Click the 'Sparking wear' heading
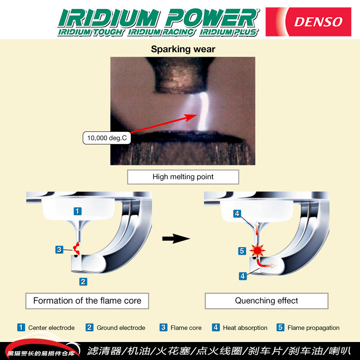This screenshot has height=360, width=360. click(x=183, y=49)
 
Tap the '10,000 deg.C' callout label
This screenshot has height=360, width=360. click(x=107, y=138)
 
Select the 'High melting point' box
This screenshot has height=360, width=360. click(x=183, y=177)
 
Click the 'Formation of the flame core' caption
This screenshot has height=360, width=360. click(x=87, y=301)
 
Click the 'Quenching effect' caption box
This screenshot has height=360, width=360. click(x=266, y=301)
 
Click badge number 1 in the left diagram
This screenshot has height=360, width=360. click(x=78, y=211)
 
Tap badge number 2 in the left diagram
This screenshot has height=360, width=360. click(x=83, y=282)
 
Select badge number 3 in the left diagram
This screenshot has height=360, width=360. click(x=58, y=249)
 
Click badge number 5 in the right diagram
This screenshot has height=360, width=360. click(x=242, y=251)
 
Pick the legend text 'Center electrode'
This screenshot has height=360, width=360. click(x=51, y=328)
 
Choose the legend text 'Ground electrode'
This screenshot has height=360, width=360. click(x=121, y=328)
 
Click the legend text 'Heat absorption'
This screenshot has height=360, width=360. click(x=245, y=328)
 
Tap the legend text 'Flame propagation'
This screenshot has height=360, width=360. click(x=313, y=328)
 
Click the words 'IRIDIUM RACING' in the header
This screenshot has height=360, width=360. click(x=161, y=32)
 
